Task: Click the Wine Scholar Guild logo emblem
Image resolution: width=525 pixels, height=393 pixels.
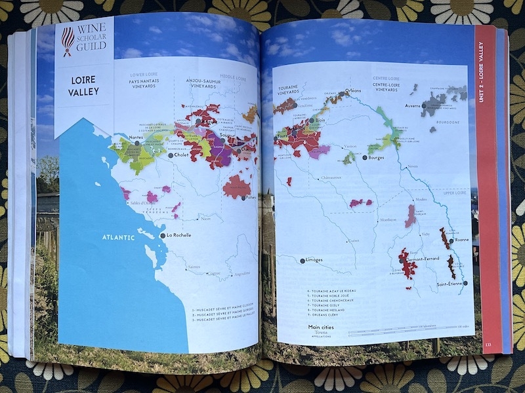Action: tap(68, 41)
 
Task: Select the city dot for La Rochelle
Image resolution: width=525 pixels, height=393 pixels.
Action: tap(162, 235)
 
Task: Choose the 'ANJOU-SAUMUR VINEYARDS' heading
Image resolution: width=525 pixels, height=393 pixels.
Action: tap(198, 83)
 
